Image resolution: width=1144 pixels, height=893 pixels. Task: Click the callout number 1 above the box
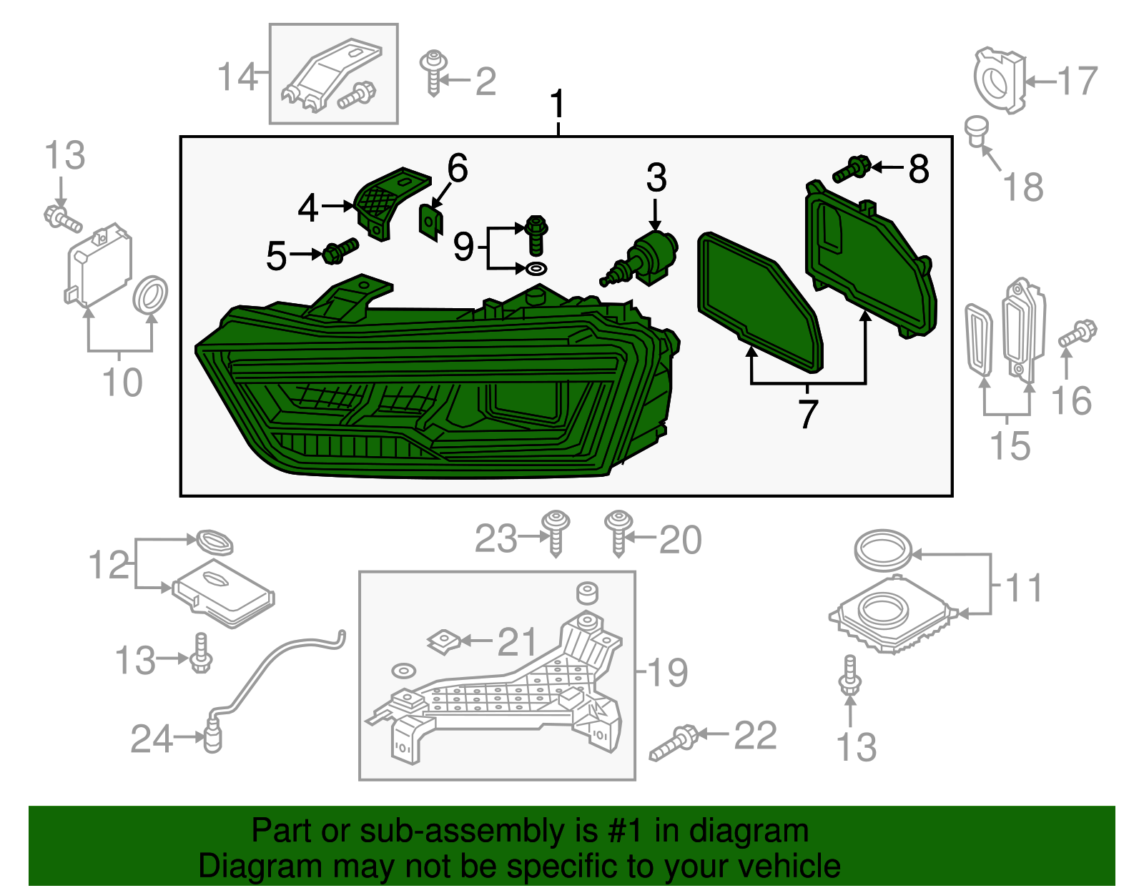(558, 105)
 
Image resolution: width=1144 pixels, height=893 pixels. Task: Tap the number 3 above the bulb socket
(656, 178)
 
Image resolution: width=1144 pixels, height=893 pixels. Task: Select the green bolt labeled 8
(852, 169)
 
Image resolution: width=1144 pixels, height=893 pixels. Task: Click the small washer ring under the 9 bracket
(536, 269)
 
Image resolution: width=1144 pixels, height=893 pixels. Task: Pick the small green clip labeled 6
(430, 222)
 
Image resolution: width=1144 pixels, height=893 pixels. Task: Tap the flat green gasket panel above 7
(758, 300)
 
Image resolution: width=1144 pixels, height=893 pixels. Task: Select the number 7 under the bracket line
(807, 413)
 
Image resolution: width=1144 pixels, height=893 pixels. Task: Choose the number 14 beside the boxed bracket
(237, 77)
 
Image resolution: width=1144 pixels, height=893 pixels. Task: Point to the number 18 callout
(1023, 187)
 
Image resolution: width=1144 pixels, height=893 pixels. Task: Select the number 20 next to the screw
(680, 540)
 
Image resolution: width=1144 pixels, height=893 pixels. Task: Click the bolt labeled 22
(674, 741)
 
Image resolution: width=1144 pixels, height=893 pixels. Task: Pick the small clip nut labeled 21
(443, 641)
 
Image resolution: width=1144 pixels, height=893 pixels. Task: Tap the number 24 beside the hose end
(151, 739)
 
